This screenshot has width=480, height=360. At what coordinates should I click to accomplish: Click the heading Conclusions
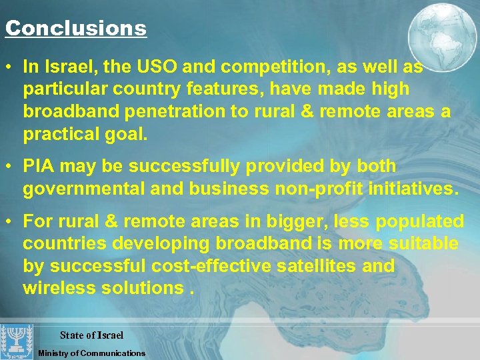(75, 29)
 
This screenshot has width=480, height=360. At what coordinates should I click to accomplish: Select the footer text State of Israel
(91, 335)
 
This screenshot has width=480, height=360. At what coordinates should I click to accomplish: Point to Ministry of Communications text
(91, 353)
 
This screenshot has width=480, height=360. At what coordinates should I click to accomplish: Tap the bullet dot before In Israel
(10, 67)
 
